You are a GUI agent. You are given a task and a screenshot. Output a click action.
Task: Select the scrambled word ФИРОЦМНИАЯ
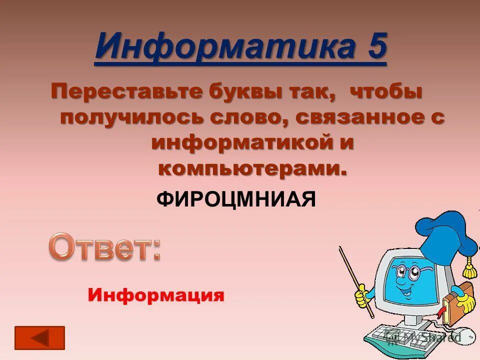click(x=236, y=200)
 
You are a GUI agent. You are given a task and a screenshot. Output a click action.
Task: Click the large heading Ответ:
click(x=104, y=247)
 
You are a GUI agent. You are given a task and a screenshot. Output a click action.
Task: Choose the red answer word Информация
click(x=156, y=295)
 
